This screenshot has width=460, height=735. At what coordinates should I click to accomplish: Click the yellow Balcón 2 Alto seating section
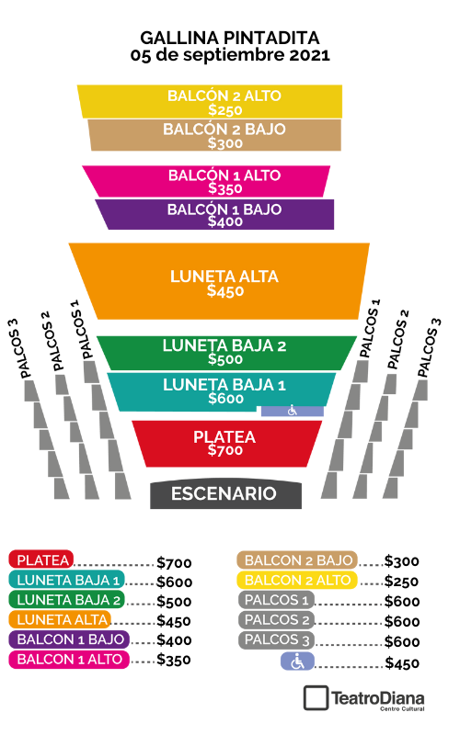[210, 101]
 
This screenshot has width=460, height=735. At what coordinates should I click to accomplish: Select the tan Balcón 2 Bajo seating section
[215, 135]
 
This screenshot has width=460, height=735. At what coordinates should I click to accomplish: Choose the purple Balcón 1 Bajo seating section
[216, 215]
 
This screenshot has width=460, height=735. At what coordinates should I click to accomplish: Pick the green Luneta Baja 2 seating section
[225, 353]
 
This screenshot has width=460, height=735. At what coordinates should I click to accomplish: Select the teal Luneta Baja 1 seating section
[222, 391]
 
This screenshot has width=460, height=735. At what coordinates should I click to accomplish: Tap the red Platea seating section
[226, 444]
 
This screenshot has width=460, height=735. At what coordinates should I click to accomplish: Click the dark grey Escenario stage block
[225, 494]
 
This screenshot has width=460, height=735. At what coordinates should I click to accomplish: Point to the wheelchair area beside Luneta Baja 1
[293, 411]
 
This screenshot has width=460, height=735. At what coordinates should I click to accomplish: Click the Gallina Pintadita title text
[230, 38]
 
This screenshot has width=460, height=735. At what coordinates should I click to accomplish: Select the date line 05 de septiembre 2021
[230, 55]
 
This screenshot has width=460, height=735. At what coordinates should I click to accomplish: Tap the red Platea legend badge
[41, 560]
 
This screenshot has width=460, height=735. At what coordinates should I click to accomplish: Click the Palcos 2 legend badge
[277, 620]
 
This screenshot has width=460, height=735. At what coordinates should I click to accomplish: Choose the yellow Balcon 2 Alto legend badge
[297, 581]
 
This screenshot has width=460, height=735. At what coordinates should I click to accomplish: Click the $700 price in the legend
[174, 562]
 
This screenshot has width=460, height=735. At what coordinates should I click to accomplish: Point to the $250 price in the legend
[401, 582]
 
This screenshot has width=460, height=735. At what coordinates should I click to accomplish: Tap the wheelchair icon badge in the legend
[297, 661]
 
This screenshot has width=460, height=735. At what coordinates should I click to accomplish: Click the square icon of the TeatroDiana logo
[316, 698]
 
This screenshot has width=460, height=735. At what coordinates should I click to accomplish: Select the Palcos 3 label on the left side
[19, 349]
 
